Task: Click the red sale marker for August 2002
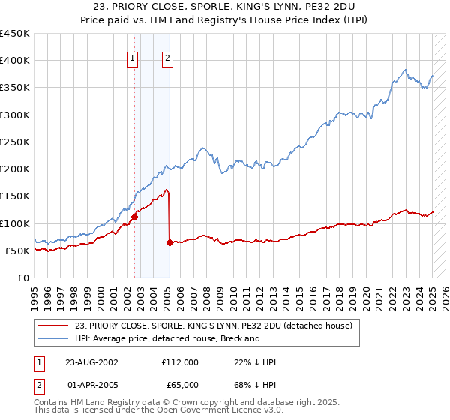(x=135, y=217)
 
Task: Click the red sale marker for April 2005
(x=169, y=242)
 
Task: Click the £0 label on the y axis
(x=22, y=277)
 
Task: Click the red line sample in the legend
(x=53, y=325)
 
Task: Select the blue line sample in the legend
(x=53, y=338)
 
